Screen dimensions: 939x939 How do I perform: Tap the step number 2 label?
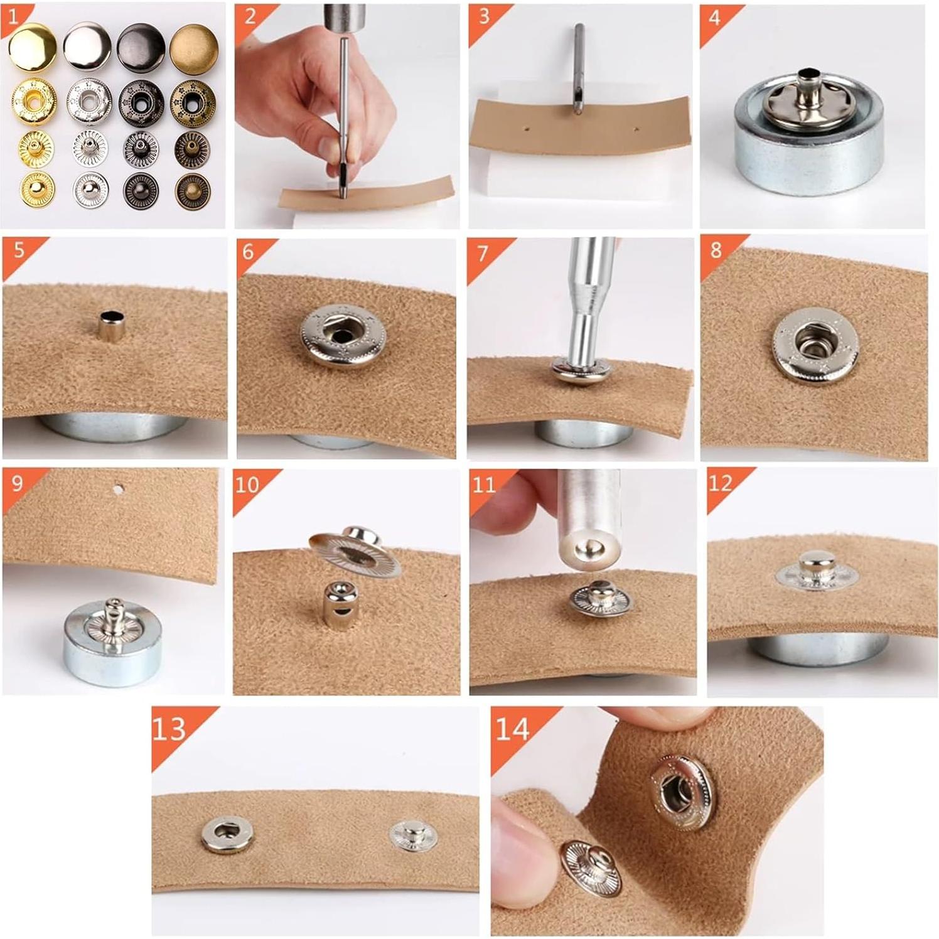(x=250, y=16)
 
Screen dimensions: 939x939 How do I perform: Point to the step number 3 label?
(x=484, y=16)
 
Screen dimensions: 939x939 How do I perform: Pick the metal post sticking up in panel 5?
(x=110, y=325)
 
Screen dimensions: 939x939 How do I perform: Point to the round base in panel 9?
(x=112, y=647)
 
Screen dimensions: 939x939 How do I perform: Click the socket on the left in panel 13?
(x=228, y=834)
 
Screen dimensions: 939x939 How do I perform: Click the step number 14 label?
(x=512, y=729)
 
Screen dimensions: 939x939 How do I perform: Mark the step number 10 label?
(x=247, y=485)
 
